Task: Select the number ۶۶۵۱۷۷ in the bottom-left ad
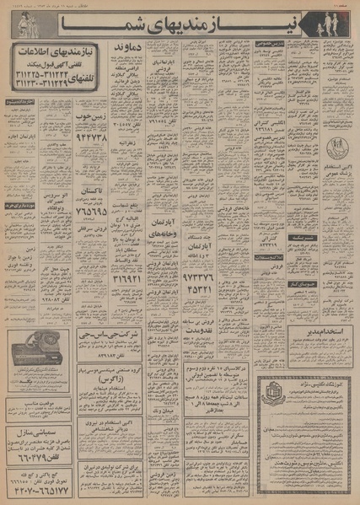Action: click(42, 486)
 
